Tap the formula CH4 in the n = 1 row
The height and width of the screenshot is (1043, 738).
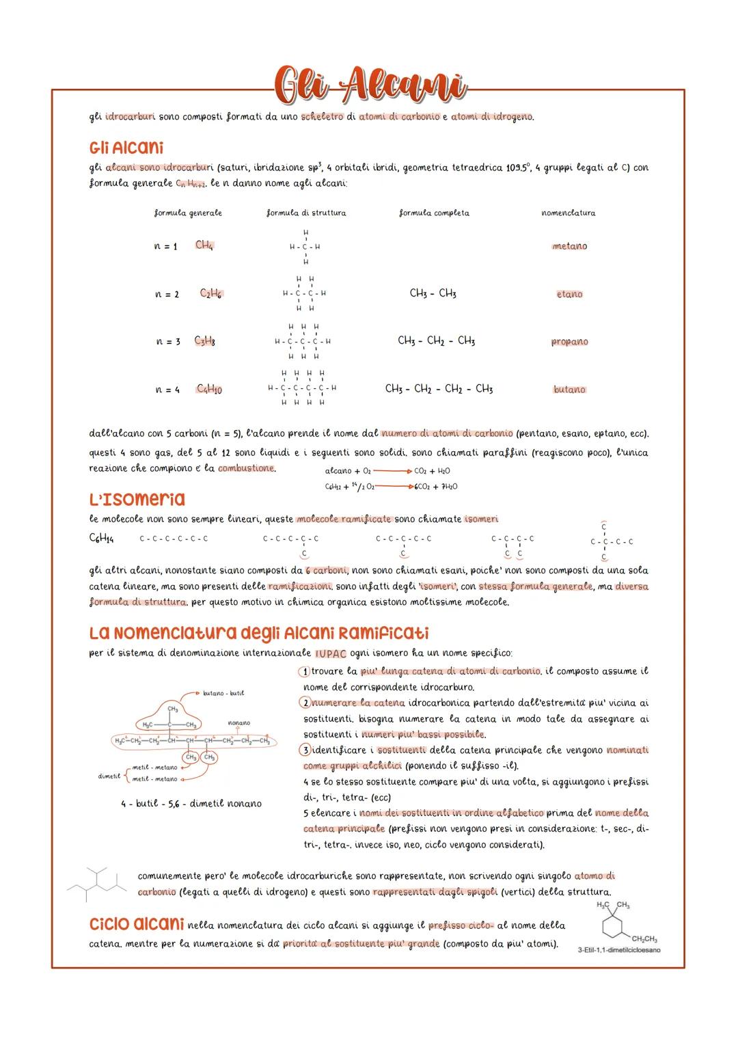coord(204,245)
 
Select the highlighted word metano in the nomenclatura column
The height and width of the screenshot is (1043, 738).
coord(569,246)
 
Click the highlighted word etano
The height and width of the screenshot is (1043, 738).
coord(569,294)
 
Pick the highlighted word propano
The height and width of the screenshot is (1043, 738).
coord(569,342)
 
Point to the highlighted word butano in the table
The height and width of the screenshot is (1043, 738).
coord(569,390)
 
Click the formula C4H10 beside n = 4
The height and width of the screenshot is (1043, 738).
coord(209,389)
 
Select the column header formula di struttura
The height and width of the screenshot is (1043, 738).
coord(305,213)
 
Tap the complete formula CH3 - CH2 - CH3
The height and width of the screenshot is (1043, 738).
coord(436,340)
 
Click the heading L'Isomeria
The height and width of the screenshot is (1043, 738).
coord(137,499)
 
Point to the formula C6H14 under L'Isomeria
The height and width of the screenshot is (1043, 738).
coord(101,539)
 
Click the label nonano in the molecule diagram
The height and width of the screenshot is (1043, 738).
coord(238,722)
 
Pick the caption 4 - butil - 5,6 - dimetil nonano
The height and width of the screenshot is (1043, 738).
coord(191,804)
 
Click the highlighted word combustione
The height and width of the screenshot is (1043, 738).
coord(246,469)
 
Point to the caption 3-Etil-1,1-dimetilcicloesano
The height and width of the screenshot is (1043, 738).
coord(618,950)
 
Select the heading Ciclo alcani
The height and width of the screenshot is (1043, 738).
coord(136,924)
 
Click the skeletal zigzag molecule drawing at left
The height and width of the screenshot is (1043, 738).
coord(97,884)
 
